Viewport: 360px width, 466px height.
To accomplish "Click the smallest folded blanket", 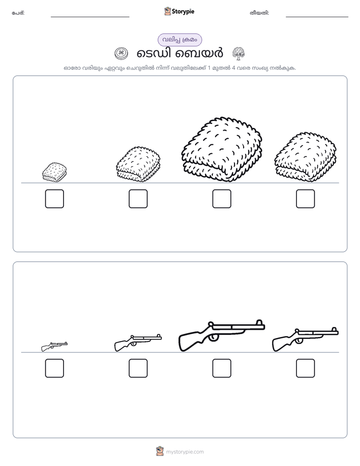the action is tap(54, 172).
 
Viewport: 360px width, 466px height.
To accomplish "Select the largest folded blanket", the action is tap(221, 149).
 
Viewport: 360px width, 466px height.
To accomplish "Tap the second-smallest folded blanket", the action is tap(138, 164).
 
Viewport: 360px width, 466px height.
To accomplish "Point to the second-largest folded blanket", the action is tap(306, 157).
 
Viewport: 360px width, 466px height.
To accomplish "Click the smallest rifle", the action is tap(54, 346).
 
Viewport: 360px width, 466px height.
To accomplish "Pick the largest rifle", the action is tap(221, 335).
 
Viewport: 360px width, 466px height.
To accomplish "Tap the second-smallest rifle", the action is tap(138, 342).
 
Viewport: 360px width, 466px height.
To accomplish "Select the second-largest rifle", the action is tap(306, 339).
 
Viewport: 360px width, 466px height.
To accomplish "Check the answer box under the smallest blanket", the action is tap(54, 199).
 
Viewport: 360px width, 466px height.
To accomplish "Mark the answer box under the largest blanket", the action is tap(221, 199).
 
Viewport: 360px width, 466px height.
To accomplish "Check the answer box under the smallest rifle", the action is tap(54, 368).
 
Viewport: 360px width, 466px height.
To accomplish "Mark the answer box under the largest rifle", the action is tap(221, 368).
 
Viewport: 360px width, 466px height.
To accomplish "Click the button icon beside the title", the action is tap(121, 53).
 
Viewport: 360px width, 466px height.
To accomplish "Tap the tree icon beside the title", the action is tap(238, 53).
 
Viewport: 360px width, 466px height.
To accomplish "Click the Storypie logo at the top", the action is tap(179, 11).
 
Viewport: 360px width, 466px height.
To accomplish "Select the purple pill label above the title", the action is tap(179, 40).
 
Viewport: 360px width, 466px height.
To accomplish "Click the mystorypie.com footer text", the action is tap(185, 452).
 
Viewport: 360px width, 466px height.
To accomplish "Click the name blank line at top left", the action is tap(90, 17).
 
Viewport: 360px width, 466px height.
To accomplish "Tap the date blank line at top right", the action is tap(317, 17).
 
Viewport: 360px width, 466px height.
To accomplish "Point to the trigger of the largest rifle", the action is tap(213, 337).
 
